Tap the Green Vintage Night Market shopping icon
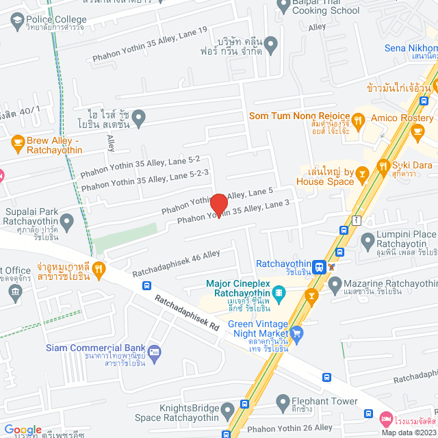297,333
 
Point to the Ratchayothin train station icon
319,266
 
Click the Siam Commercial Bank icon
154,352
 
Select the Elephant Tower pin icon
282,402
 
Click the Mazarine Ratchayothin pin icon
335,283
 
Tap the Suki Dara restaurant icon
382,166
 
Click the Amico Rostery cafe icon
361,118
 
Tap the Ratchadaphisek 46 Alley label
176,263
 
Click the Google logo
23,428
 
